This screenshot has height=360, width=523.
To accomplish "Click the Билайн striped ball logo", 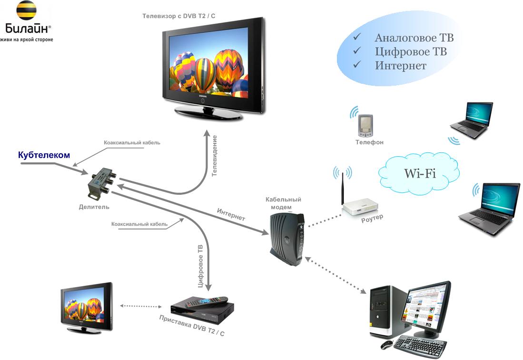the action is click(x=26, y=10).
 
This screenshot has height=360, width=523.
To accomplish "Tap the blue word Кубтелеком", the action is click(x=44, y=155).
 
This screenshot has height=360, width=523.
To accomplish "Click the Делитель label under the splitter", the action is click(x=94, y=207).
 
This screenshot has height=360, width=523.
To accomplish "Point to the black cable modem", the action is click(x=287, y=239).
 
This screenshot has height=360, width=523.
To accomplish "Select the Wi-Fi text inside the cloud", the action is click(x=420, y=173).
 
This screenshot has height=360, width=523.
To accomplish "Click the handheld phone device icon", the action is click(x=365, y=126).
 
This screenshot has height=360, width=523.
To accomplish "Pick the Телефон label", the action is click(x=369, y=142).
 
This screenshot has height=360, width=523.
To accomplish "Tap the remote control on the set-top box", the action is click(x=212, y=300).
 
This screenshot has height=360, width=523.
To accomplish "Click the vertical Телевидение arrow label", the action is click(x=215, y=156).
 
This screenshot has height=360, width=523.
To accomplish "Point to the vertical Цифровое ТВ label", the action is click(x=200, y=266).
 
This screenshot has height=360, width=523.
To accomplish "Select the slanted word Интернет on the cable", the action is click(x=231, y=215).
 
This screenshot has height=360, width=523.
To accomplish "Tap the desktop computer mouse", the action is click(x=386, y=345).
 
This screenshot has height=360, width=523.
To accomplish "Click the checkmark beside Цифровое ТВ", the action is click(x=357, y=50).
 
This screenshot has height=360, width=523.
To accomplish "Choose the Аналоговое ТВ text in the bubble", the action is click(x=414, y=38).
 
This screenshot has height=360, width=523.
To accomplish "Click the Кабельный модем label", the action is click(x=283, y=203).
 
